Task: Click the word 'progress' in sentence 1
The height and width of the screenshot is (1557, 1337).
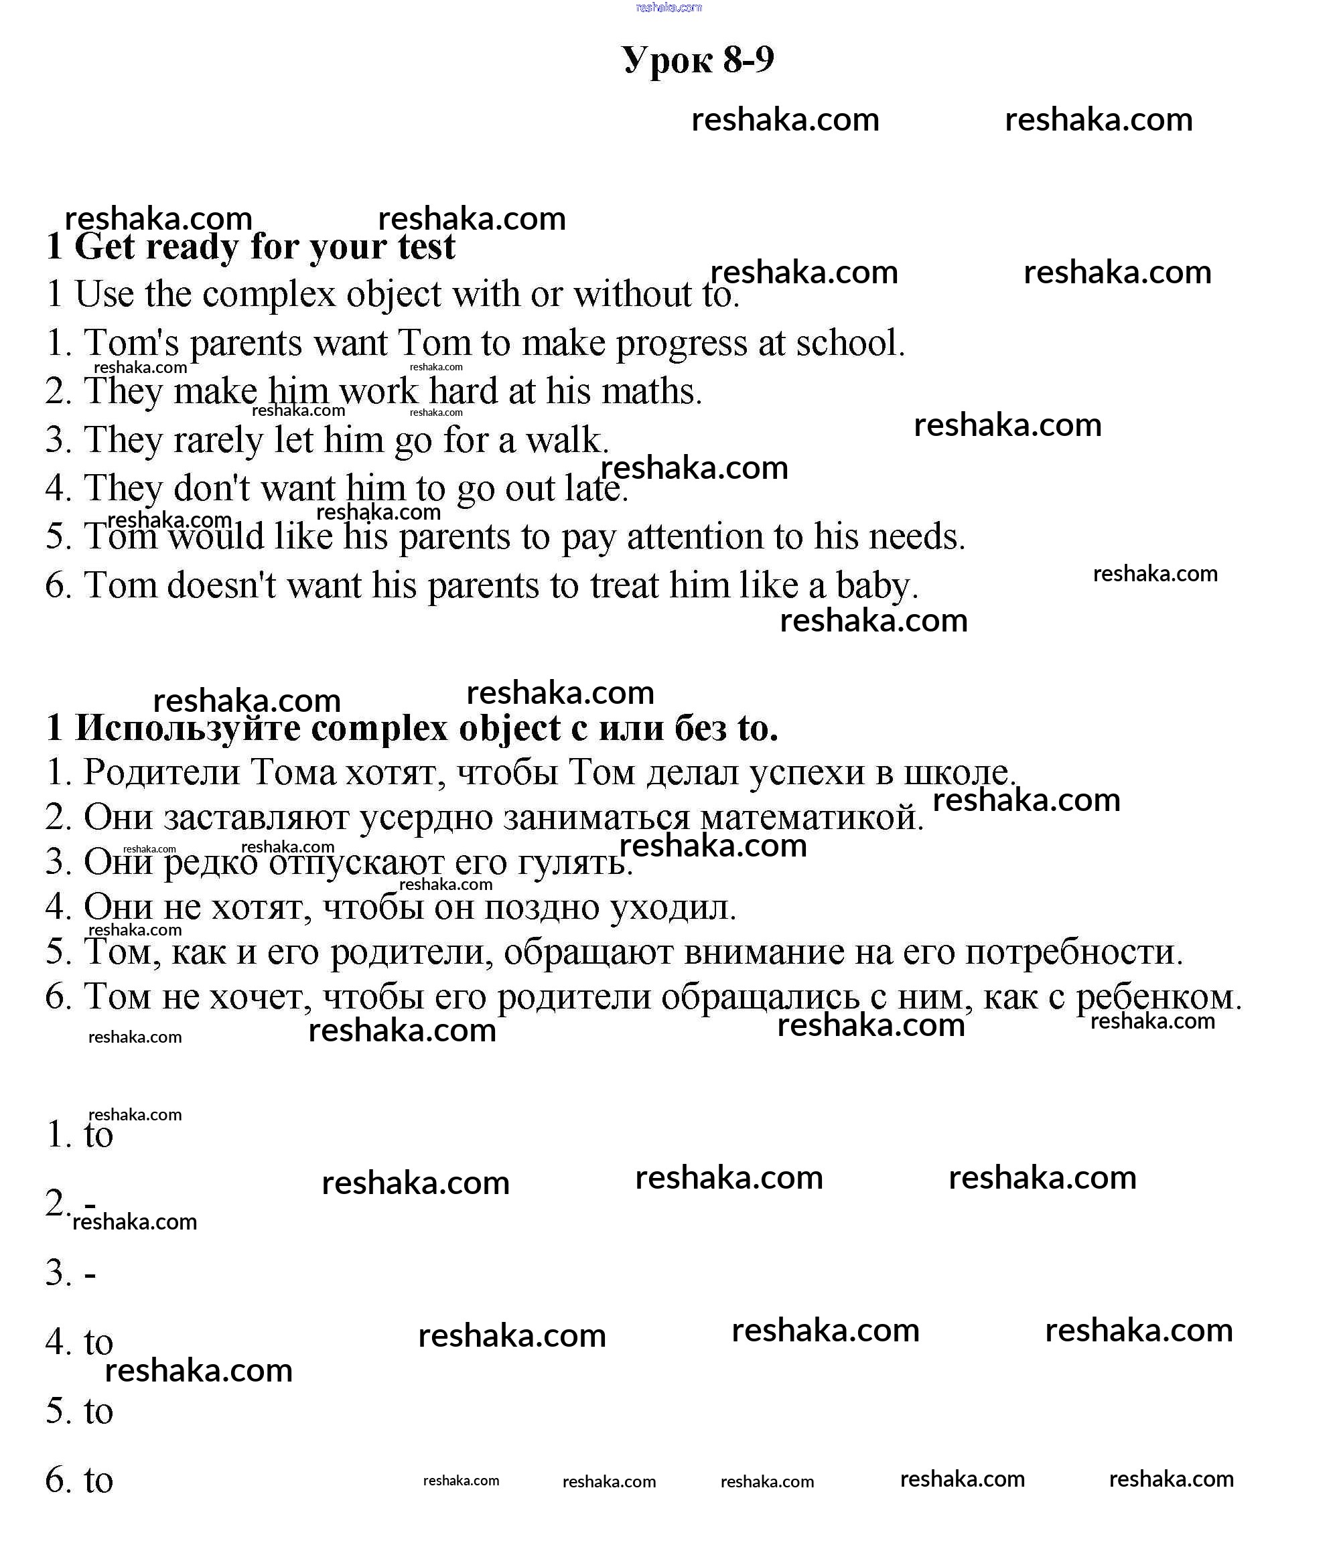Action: (x=682, y=344)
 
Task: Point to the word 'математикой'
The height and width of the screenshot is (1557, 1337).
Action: (x=808, y=818)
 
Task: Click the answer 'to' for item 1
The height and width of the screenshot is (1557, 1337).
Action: (x=98, y=1135)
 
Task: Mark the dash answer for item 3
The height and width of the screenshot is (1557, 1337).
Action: (x=90, y=1275)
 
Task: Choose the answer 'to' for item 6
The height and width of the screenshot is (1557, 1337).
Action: (x=98, y=1481)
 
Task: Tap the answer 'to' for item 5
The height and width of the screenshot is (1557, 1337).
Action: (x=98, y=1412)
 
